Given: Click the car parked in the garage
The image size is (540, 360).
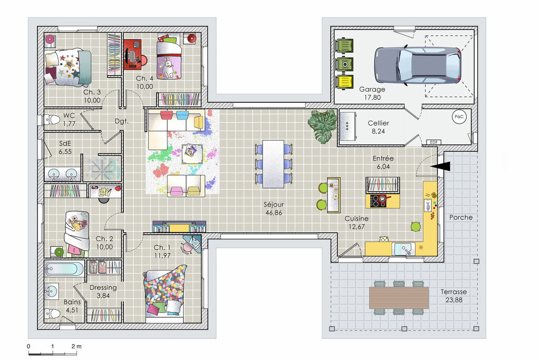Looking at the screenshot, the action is [x=418, y=65].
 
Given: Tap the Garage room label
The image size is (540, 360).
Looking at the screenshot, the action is [x=372, y=89].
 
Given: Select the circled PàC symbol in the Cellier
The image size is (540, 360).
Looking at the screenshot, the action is [x=459, y=116].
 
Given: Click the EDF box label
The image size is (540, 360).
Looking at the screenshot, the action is [x=433, y=142].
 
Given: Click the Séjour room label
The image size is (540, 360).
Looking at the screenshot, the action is [x=274, y=205].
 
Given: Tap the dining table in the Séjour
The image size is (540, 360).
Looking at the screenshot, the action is [x=274, y=164].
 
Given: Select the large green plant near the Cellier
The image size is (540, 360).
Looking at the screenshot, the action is [x=322, y=125].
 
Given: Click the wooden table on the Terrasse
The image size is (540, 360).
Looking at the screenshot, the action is [x=399, y=297].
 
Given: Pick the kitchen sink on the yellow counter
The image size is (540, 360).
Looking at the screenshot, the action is [x=403, y=249].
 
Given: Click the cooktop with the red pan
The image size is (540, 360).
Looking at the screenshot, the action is [x=379, y=201].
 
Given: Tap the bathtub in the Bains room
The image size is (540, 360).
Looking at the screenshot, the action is [x=64, y=269].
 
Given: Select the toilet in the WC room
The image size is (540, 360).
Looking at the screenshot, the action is [x=52, y=120].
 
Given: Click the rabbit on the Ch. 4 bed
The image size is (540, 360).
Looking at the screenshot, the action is [x=168, y=67].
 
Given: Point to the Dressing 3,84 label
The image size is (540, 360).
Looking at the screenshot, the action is [x=103, y=291].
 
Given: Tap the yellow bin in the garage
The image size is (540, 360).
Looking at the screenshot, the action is [x=345, y=82].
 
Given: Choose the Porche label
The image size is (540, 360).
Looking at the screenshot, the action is [x=461, y=218].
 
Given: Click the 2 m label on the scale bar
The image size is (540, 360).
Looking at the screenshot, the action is [x=76, y=346].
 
